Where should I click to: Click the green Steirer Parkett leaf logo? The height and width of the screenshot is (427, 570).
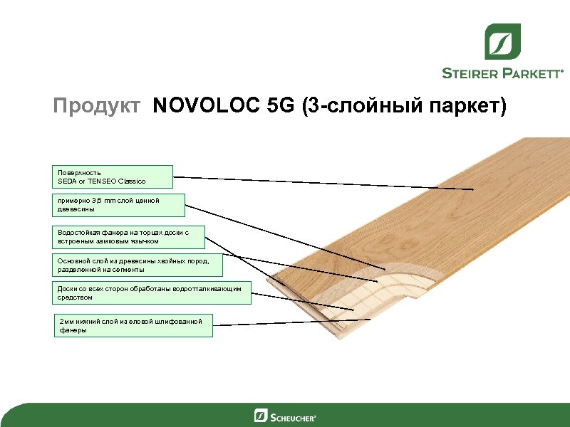pyautogui.click(x=503, y=41)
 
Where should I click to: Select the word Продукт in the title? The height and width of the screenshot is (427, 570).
pyautogui.click(x=98, y=107)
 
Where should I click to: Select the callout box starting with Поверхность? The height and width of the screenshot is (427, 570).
pyautogui.click(x=115, y=177)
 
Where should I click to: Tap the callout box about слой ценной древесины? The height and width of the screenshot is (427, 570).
pyautogui.click(x=120, y=205)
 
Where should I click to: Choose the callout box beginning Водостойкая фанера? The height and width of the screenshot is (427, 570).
pyautogui.click(x=130, y=237)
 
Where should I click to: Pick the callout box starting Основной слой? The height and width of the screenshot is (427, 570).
pyautogui.click(x=138, y=265)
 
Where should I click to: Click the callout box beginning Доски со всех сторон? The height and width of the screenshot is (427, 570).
pyautogui.click(x=152, y=293)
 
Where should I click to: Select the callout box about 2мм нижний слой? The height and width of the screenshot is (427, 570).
pyautogui.click(x=133, y=326)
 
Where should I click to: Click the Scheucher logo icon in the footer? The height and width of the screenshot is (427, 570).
pyautogui.click(x=261, y=416)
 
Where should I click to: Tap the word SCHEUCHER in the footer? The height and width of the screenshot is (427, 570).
pyautogui.click(x=293, y=416)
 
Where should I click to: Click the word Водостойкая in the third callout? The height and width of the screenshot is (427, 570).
pyautogui.click(x=78, y=233)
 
